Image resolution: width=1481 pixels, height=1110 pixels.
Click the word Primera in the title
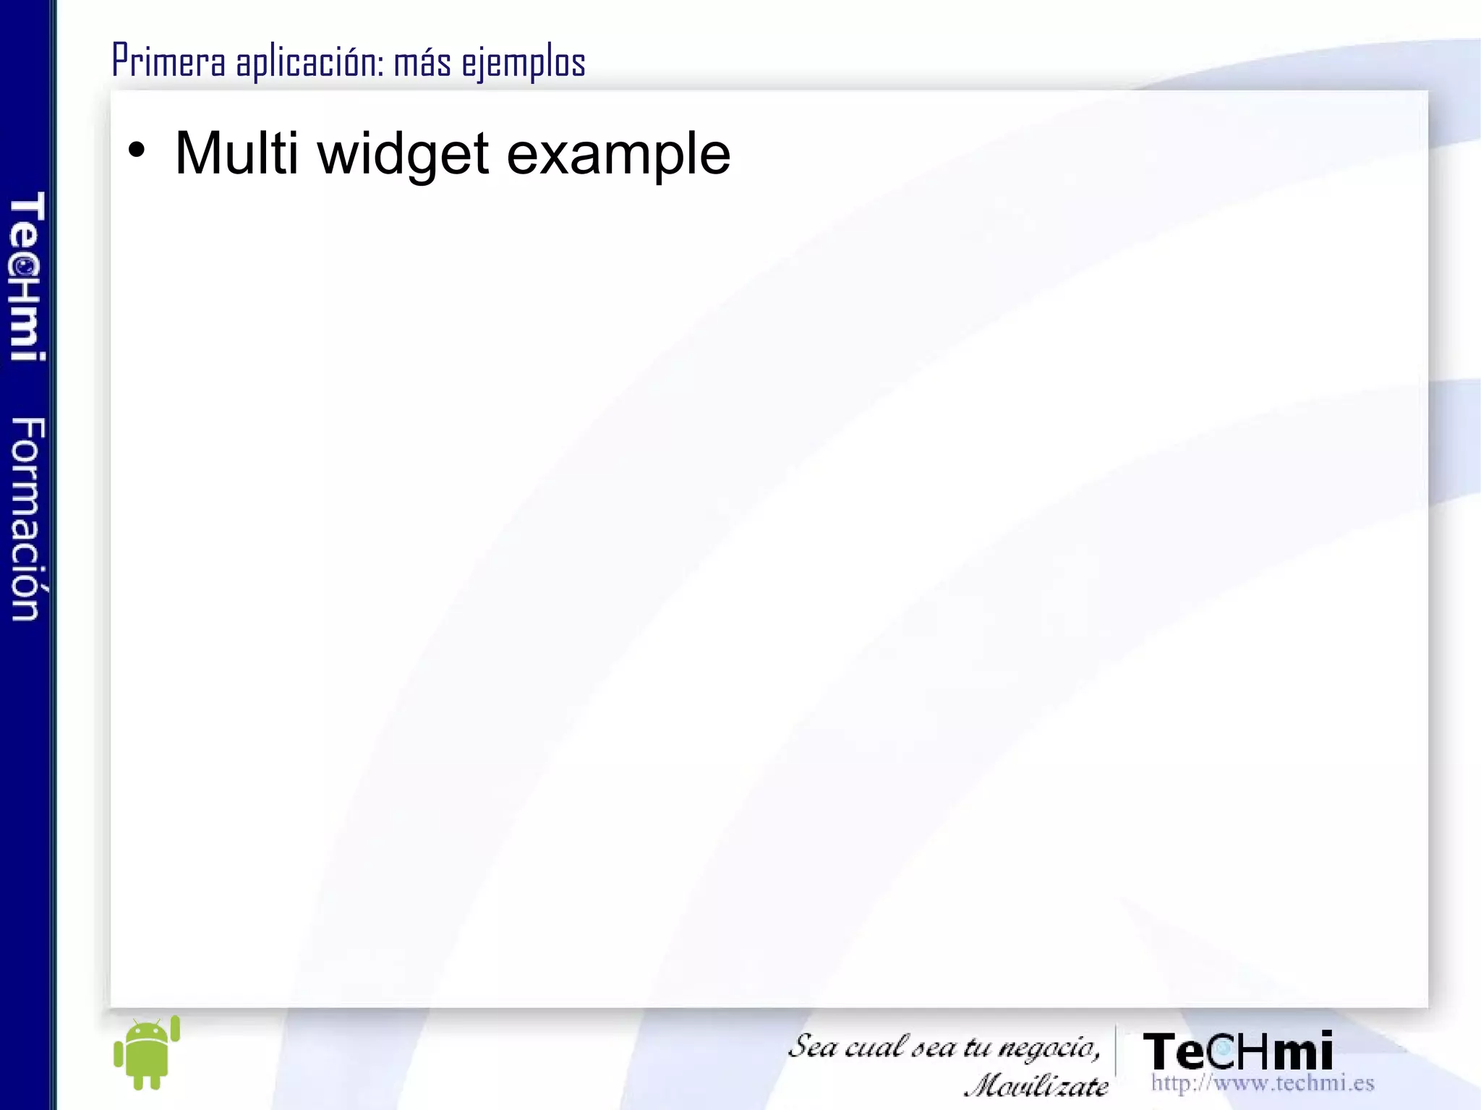coord(168,61)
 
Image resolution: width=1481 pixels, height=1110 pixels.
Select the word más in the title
coord(422,61)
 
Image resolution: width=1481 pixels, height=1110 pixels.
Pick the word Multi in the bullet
coord(236,153)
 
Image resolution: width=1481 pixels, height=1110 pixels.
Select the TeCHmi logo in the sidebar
coord(27,276)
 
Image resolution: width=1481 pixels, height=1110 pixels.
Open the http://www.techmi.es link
coord(1262,1083)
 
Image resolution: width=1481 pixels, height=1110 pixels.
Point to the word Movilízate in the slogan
coord(1036,1085)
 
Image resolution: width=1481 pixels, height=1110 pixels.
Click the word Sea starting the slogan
coord(811,1046)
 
